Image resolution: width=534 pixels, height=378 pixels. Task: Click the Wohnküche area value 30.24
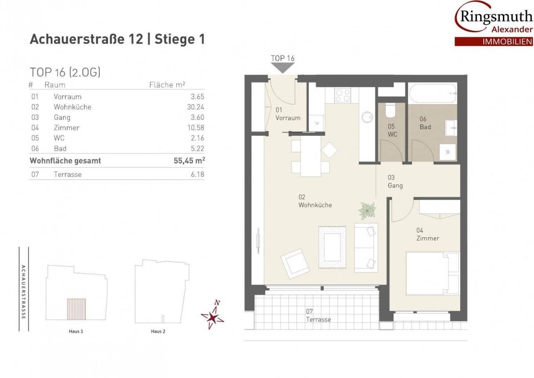click(x=195, y=107)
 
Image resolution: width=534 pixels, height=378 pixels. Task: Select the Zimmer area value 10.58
click(x=196, y=128)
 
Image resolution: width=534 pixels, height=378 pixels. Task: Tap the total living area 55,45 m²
click(x=189, y=160)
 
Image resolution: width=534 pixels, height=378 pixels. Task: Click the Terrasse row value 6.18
click(x=198, y=175)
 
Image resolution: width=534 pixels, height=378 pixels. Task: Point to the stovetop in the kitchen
click(x=343, y=95)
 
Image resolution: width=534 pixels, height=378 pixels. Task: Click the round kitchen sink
click(x=367, y=117)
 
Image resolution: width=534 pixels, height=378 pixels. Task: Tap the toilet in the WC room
click(x=390, y=110)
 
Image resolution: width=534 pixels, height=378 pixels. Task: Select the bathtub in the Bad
click(x=433, y=93)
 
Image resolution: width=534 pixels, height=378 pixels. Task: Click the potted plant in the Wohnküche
click(x=367, y=211)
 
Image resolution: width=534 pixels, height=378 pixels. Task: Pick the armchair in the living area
click(x=295, y=264)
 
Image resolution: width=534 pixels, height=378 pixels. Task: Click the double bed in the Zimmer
click(x=433, y=273)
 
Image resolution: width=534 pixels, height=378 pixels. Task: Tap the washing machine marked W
click(x=448, y=152)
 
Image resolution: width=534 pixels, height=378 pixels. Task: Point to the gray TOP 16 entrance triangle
click(x=283, y=68)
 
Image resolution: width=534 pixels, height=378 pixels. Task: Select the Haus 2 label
click(x=158, y=331)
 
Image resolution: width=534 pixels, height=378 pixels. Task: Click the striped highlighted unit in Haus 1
click(x=76, y=309)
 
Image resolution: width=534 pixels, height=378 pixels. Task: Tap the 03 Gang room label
click(x=395, y=182)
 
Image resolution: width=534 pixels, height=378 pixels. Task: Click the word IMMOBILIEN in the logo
click(x=508, y=42)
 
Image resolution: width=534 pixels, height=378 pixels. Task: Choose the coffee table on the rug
click(x=332, y=247)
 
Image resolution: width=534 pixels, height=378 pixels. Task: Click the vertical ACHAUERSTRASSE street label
click(x=23, y=292)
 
